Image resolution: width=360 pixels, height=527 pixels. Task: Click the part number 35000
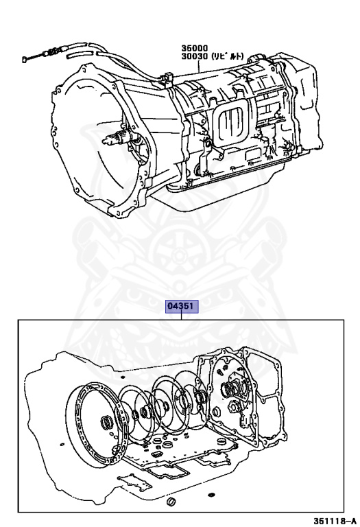click(x=195, y=49)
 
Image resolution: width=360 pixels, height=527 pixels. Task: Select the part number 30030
click(x=195, y=56)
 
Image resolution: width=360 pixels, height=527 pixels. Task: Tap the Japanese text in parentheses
click(x=228, y=56)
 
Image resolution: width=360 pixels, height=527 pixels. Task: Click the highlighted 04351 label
click(x=182, y=306)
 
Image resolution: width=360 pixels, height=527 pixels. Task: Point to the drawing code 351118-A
click(x=335, y=522)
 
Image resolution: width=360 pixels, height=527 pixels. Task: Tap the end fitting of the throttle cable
click(x=25, y=60)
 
